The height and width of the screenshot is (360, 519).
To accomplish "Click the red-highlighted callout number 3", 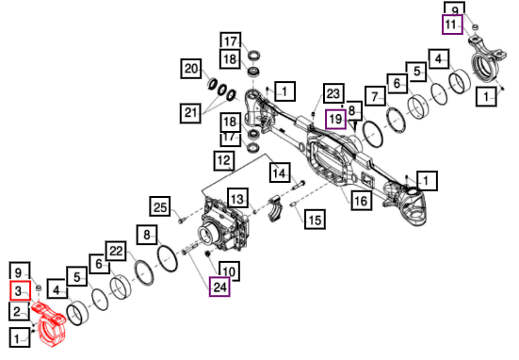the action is point(20,291).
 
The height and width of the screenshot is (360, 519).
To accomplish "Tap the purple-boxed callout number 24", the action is point(219,286).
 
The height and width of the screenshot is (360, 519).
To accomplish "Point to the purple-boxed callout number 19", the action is point(335,119).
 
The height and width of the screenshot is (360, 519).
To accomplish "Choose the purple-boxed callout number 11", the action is point(452,25).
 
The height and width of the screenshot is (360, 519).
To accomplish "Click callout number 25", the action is point(160,206).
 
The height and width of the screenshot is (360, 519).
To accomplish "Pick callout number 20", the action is point(191,69).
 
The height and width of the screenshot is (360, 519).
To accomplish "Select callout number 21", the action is point(190,113).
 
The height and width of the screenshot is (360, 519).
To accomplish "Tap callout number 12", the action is point(224,161).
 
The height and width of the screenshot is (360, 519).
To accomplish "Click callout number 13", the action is point(237,199).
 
